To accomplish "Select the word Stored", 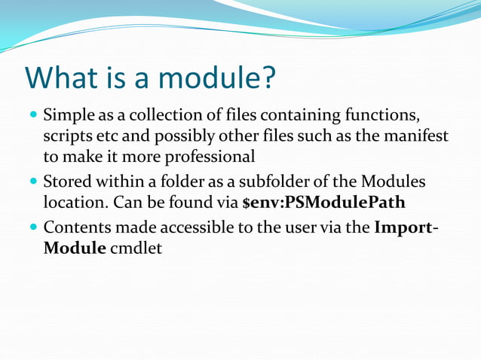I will coord(67,182).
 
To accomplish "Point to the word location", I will coord(72,203).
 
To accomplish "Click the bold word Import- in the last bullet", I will coord(408,227).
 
